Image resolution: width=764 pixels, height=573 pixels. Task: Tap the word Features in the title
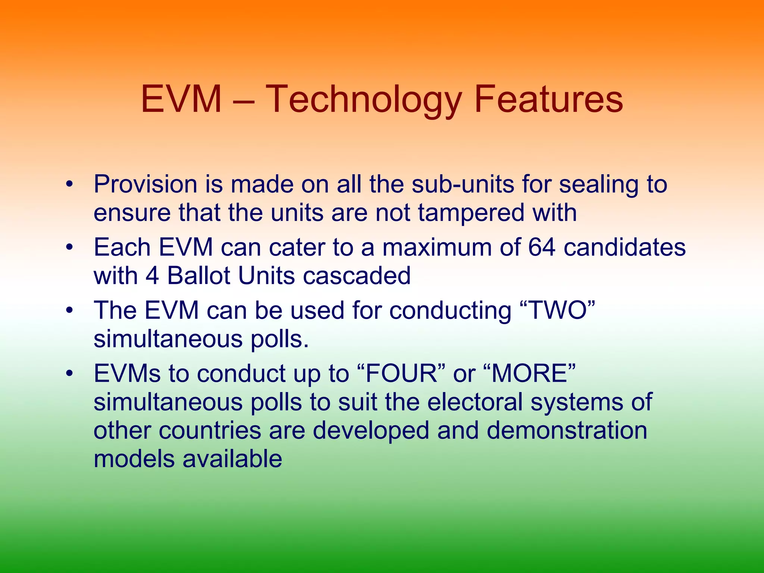[548, 99]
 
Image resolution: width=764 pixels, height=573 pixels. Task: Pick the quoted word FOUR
[401, 373]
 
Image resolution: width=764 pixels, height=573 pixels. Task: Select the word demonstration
[567, 430]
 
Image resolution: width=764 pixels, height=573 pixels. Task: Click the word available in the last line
[232, 459]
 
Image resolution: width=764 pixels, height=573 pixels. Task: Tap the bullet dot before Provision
[69, 185]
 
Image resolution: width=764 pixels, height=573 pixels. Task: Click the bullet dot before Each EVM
[69, 248]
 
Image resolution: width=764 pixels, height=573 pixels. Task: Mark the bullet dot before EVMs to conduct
[69, 374]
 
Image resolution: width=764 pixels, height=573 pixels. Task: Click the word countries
[210, 431]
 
